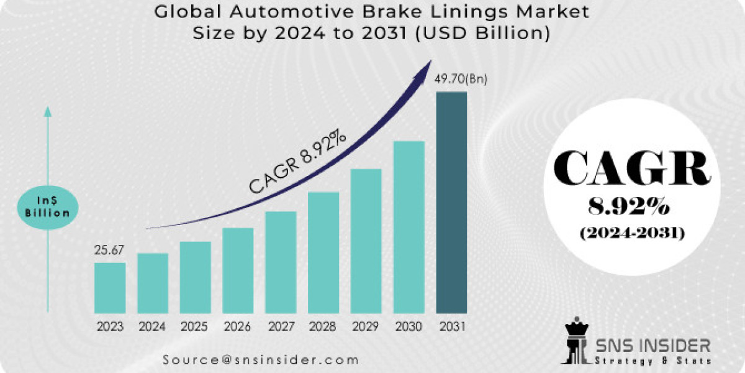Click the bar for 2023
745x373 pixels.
(110, 287)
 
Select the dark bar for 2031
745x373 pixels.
(451, 202)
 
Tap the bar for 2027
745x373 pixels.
(281, 262)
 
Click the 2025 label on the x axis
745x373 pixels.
(195, 326)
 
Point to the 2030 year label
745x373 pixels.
(409, 326)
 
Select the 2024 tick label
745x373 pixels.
(152, 326)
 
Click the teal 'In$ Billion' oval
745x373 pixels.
(48, 205)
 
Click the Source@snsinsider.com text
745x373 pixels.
(261, 359)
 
